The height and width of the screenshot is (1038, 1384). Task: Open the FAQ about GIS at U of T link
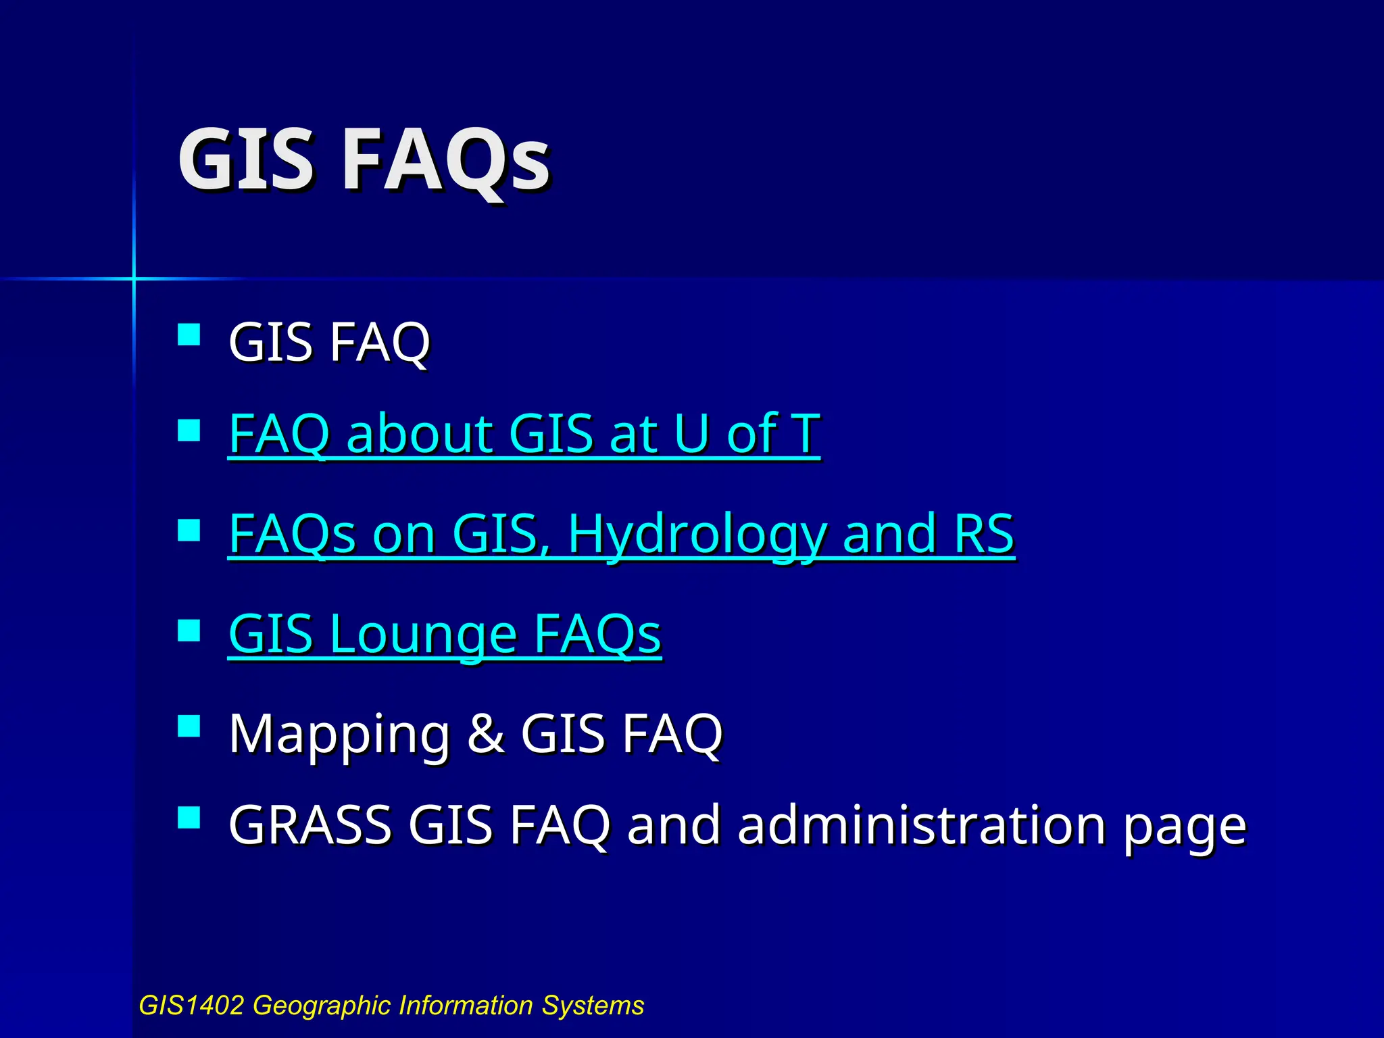click(x=524, y=434)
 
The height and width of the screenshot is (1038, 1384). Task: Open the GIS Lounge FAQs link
click(x=445, y=635)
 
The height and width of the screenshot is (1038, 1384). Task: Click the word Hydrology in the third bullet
click(x=697, y=535)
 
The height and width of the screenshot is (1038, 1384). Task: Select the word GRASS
click(x=310, y=825)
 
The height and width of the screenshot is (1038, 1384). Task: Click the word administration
click(x=922, y=825)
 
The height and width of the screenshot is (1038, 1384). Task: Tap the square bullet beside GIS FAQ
click(x=189, y=335)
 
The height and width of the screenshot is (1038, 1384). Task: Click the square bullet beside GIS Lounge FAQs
click(x=189, y=630)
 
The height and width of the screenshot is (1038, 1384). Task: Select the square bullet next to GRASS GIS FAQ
click(x=189, y=817)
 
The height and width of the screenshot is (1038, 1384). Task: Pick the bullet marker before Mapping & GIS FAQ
click(x=189, y=726)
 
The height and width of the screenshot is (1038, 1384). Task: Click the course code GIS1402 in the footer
click(x=191, y=1006)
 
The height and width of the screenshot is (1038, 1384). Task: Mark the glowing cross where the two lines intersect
click(x=134, y=278)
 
